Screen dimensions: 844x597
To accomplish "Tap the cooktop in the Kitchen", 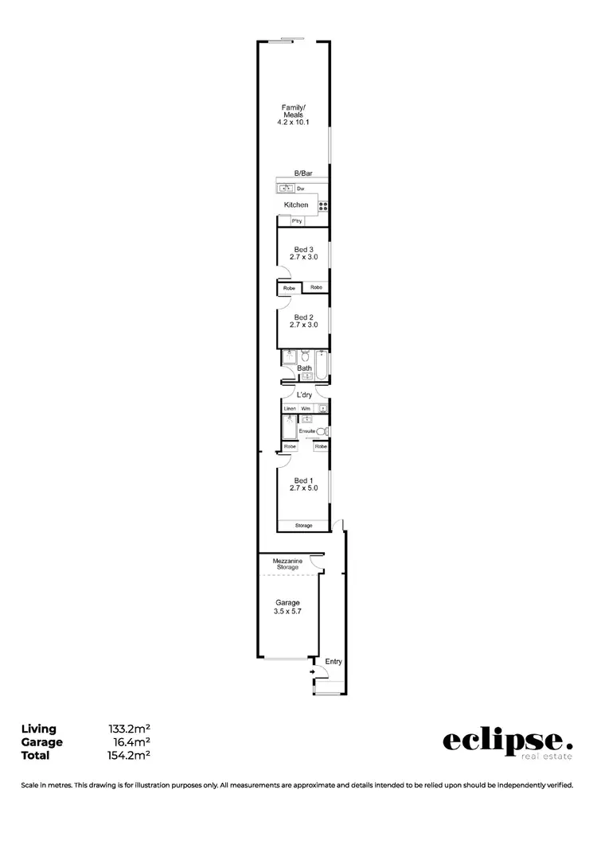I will point(323,206).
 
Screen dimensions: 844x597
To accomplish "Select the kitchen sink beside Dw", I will point(285,189).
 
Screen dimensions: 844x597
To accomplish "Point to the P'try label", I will point(296,220).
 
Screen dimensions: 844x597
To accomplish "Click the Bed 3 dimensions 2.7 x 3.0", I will point(304,257).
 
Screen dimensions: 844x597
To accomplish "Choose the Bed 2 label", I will point(304,317).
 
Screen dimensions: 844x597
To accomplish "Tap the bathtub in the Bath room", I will point(322,365).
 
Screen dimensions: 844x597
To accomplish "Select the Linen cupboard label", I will point(290,408).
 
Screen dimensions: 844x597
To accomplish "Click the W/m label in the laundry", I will point(306,408).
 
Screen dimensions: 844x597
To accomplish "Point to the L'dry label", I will point(304,395).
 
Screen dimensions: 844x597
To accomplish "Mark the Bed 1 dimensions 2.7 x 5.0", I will point(304,488).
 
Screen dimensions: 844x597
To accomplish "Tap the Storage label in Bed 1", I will point(304,526).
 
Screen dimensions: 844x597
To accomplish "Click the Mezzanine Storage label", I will point(286,564).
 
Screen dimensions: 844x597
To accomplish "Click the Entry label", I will point(333,661).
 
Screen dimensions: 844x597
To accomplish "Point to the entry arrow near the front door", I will point(313,672).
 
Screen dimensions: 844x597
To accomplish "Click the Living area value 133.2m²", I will point(130,729).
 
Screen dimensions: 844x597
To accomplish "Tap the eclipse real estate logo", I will point(507,742).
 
